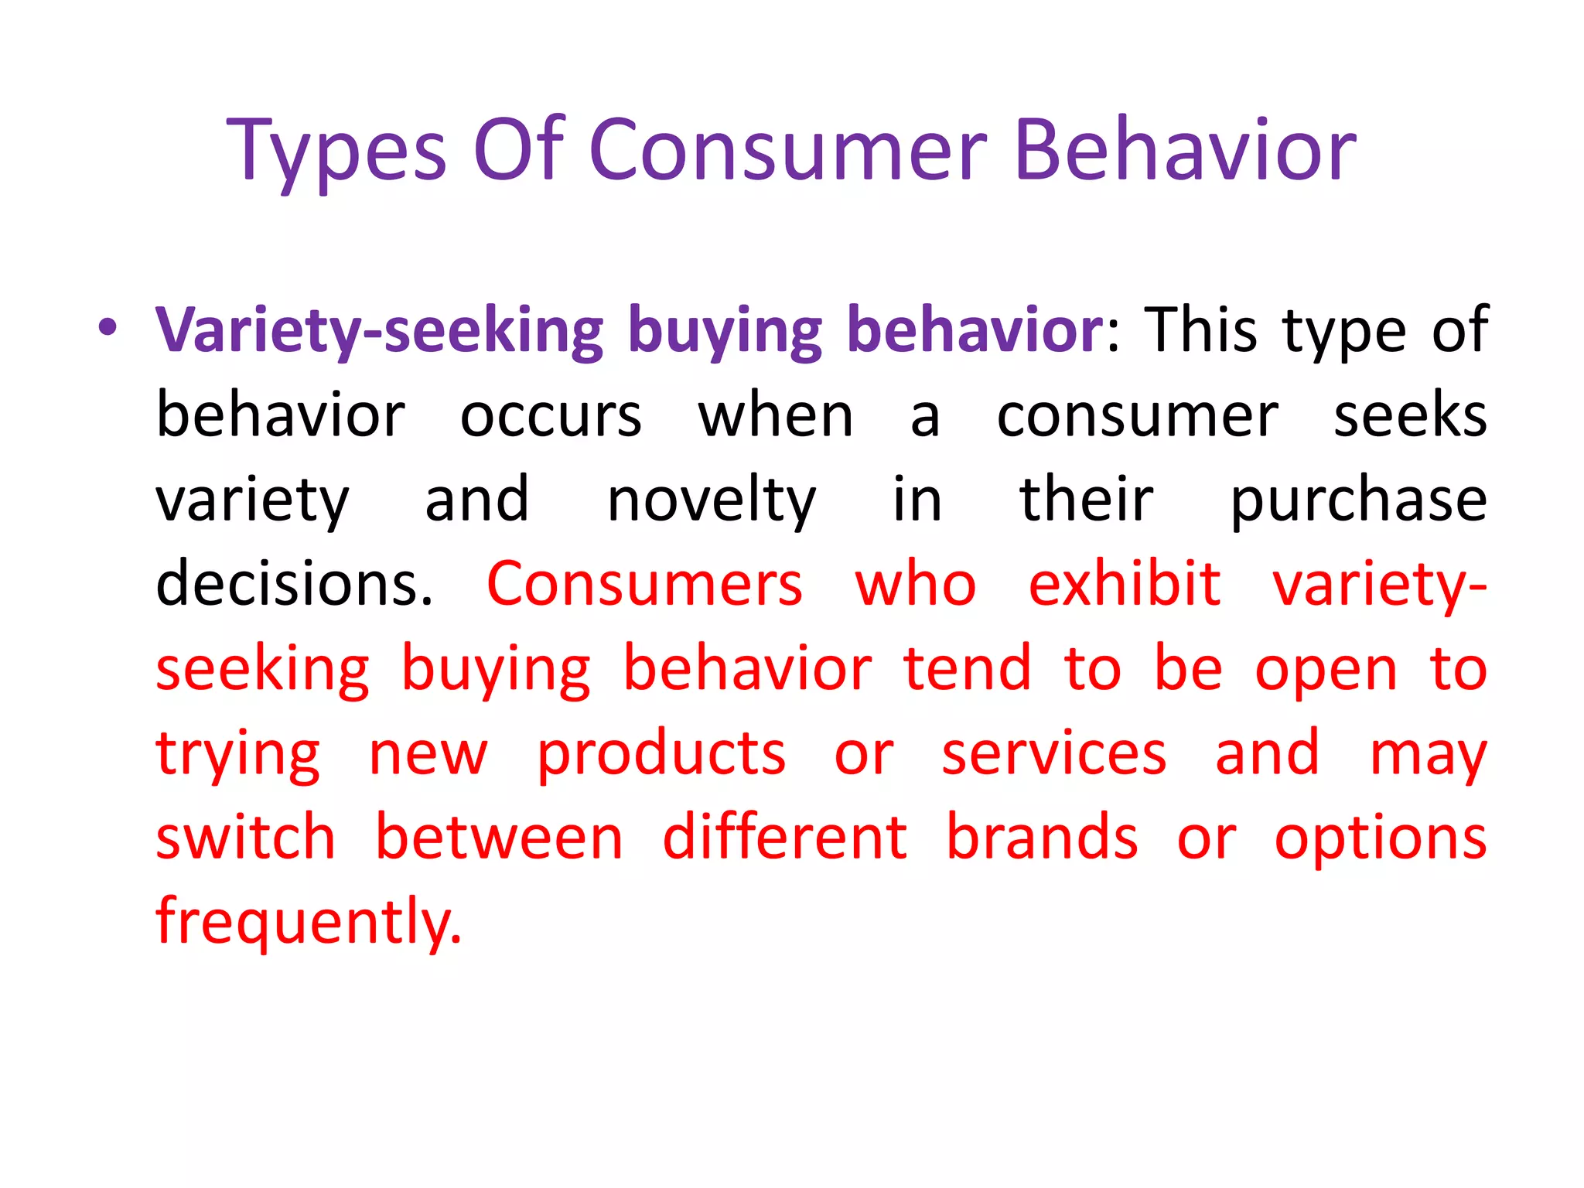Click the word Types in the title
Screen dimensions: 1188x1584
point(336,151)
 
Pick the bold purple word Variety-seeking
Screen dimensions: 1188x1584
point(379,331)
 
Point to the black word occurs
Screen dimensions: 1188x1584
point(551,416)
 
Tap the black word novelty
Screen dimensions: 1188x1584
point(712,500)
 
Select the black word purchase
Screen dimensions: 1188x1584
point(1358,500)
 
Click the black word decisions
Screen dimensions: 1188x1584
point(295,584)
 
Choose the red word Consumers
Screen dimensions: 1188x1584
point(645,584)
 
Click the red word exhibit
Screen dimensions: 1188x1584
point(1125,584)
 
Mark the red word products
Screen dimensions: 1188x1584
point(662,754)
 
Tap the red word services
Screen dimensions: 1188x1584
point(1053,754)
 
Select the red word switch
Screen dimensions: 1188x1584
point(246,838)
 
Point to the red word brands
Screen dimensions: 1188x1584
point(1042,838)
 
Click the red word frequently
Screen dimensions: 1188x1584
point(309,923)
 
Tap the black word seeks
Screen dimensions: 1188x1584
point(1410,416)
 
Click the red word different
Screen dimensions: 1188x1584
point(784,838)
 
